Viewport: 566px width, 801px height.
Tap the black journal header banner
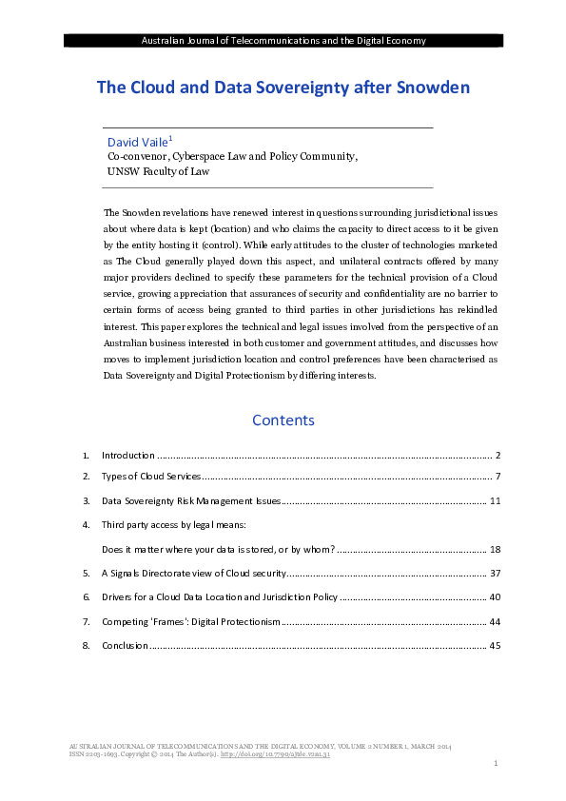click(x=283, y=40)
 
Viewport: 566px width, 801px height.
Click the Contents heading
click(x=283, y=420)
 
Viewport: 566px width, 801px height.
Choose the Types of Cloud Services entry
click(x=150, y=475)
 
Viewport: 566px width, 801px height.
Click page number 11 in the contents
click(x=494, y=499)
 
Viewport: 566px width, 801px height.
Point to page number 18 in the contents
click(x=494, y=549)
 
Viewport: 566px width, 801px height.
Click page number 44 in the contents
click(x=494, y=621)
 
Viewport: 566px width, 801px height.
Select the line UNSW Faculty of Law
click(x=158, y=172)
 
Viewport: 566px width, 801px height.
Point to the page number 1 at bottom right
click(x=497, y=764)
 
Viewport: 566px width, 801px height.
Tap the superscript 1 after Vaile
click(x=170, y=137)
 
